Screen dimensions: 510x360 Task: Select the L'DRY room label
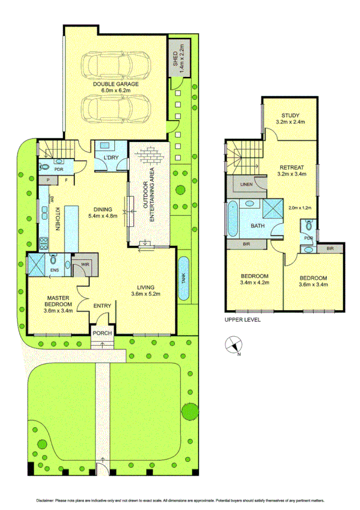click(x=111, y=158)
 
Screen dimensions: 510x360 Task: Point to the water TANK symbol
click(x=185, y=278)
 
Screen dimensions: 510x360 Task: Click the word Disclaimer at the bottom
click(x=46, y=500)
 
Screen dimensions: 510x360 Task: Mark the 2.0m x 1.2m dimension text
click(x=301, y=207)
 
